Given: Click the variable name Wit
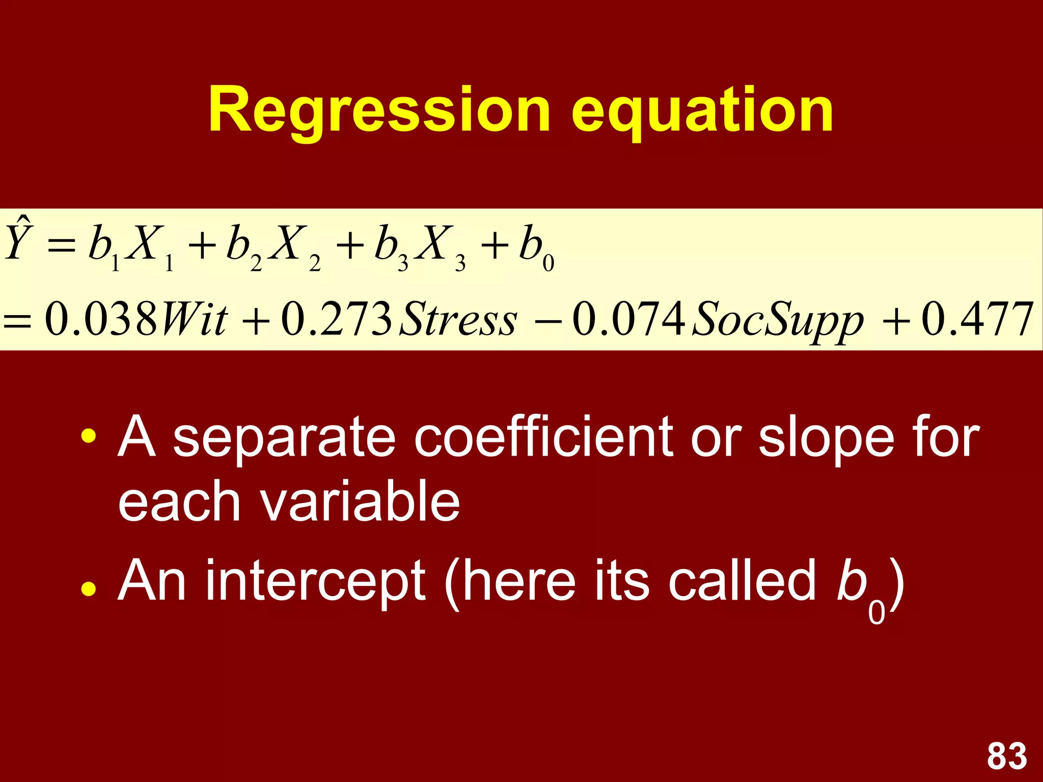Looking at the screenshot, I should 194,319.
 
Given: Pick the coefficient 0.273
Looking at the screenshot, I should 337,319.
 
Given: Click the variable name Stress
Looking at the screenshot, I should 458,319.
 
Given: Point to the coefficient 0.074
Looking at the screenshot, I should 628,319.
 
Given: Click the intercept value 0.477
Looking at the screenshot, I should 978,319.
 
